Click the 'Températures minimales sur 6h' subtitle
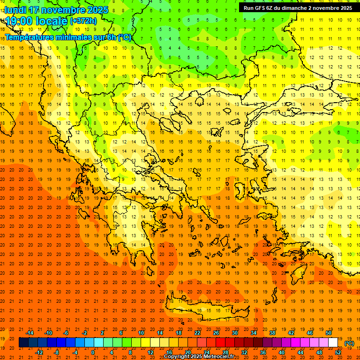point(68,37)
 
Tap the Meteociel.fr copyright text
point(199,357)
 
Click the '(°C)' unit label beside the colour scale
point(349,343)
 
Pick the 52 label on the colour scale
point(338,352)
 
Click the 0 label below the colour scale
point(93,352)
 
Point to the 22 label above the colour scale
point(197,333)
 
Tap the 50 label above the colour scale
point(329,333)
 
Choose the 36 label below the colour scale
point(263,352)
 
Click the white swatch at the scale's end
point(333,343)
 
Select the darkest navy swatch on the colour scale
point(23,343)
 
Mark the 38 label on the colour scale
point(272,333)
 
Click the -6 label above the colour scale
point(66,333)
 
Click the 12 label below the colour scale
point(150,352)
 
